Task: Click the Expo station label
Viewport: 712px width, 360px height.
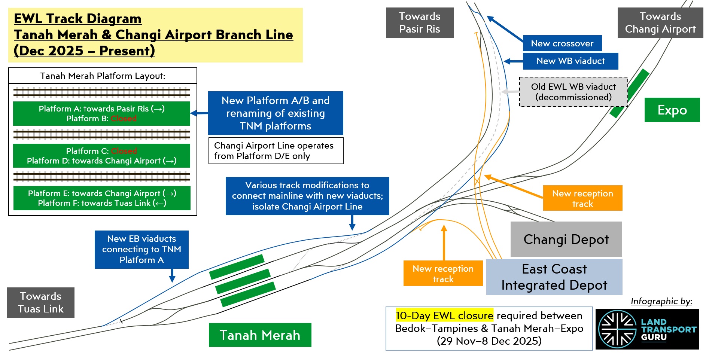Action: (x=672, y=110)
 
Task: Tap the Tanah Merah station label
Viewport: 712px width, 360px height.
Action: (x=260, y=335)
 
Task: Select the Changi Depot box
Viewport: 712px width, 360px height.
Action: (x=566, y=239)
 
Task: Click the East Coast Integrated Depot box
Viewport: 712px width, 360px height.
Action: (x=554, y=277)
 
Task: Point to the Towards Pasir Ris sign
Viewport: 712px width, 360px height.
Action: (x=419, y=23)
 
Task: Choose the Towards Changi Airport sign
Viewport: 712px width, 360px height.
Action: (x=660, y=23)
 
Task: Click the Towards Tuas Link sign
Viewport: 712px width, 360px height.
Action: (x=40, y=303)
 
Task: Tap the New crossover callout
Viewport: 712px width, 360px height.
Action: (x=562, y=43)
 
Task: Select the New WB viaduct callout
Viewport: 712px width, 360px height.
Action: (x=570, y=61)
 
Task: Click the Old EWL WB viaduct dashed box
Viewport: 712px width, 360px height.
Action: (x=573, y=92)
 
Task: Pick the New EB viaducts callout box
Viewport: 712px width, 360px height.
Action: (x=142, y=249)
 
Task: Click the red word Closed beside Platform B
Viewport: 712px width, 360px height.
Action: (x=124, y=119)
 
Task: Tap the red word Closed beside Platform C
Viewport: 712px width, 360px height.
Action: (x=124, y=151)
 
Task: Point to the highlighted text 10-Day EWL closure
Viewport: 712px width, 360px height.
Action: (x=444, y=315)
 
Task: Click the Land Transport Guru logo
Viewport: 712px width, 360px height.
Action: (x=647, y=329)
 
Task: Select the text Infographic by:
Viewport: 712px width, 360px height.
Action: (x=661, y=301)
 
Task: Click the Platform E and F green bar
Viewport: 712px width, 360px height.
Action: (x=102, y=198)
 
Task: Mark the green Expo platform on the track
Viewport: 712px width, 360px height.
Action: (x=629, y=93)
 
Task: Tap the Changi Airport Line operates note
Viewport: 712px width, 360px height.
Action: (x=276, y=151)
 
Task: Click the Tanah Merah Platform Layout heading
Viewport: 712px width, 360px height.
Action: (x=103, y=76)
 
